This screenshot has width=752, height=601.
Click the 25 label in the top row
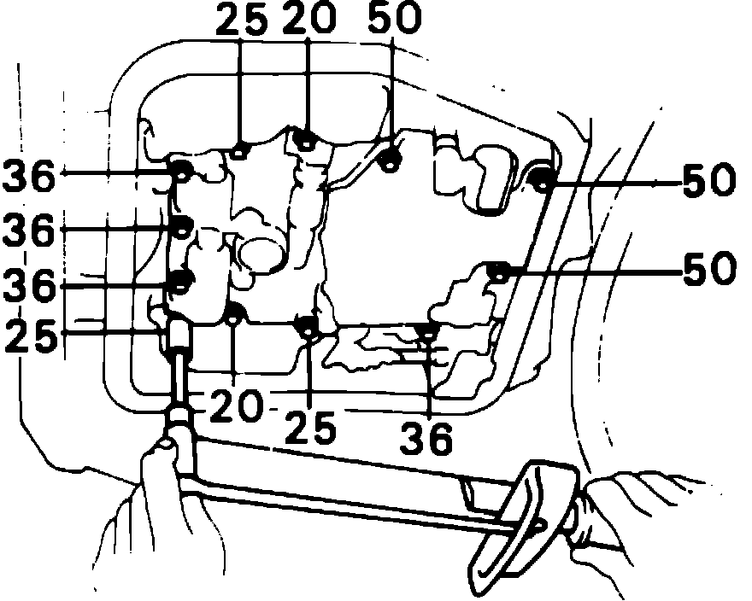242,20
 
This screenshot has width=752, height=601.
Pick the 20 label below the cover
232,408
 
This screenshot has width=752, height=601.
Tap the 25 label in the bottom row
309,427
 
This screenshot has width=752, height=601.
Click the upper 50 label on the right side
708,182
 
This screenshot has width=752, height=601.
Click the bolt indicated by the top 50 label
391,159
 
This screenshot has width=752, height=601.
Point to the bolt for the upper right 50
541,179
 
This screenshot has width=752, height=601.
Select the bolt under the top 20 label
305,140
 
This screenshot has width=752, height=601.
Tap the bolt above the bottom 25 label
308,325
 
